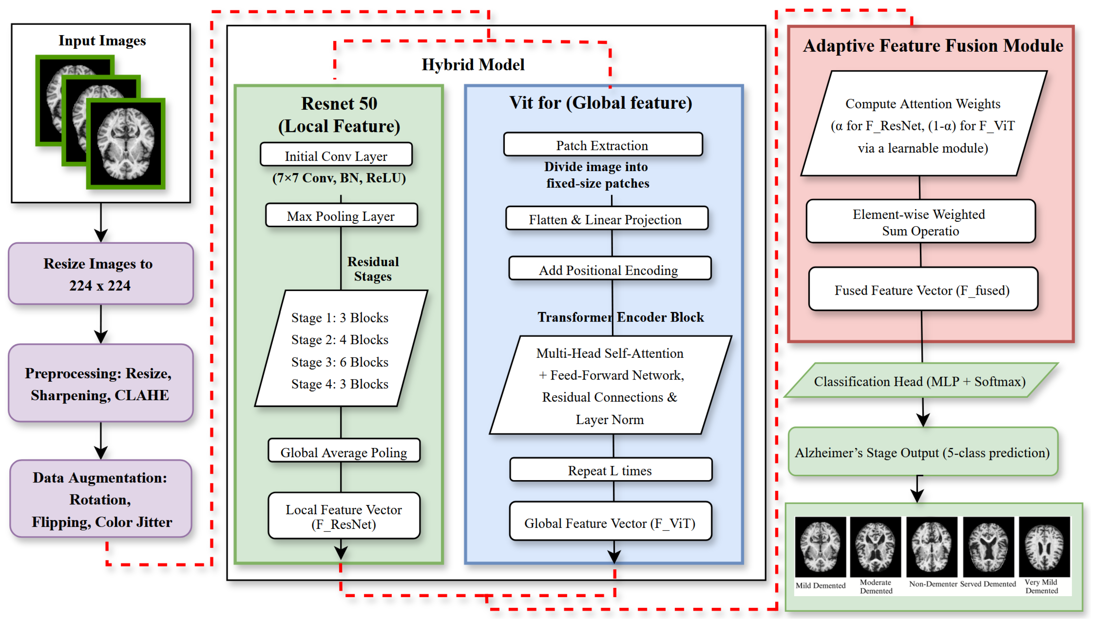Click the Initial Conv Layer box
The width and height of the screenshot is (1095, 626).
(x=336, y=155)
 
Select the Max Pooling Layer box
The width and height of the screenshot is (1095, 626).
(x=341, y=216)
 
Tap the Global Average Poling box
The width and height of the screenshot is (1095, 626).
(x=344, y=452)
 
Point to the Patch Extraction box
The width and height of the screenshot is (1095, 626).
(x=602, y=145)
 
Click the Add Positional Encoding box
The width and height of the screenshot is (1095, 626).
(x=609, y=270)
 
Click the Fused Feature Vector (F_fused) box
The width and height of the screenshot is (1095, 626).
(x=923, y=290)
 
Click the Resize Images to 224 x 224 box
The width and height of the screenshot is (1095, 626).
(x=100, y=274)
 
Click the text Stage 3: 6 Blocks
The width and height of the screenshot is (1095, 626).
(x=340, y=362)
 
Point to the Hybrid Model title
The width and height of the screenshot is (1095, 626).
(x=473, y=65)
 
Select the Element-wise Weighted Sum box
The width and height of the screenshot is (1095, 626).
(x=921, y=222)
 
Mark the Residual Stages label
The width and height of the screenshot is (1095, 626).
(x=373, y=269)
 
